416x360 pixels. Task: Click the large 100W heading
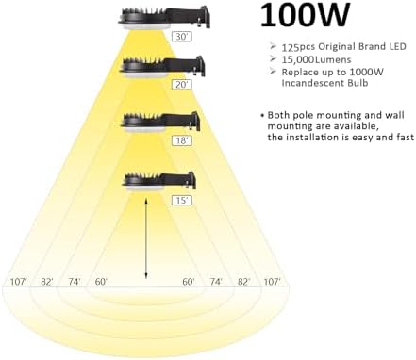[x=305, y=15]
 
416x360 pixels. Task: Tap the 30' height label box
[x=182, y=37]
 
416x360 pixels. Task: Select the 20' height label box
[x=182, y=85]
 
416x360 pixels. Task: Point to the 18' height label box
[x=182, y=140]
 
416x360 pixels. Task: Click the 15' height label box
[x=182, y=200]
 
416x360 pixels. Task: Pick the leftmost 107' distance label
[x=19, y=282]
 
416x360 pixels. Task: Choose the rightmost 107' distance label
[x=272, y=282]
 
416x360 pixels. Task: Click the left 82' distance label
[x=47, y=282]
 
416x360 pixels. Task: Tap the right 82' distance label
[x=243, y=282]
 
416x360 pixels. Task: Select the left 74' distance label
[x=75, y=282]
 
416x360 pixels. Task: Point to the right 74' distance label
[x=216, y=282]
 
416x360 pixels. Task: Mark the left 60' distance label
[x=101, y=282]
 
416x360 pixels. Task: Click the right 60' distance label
[x=189, y=282]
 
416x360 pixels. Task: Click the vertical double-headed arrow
[x=146, y=238]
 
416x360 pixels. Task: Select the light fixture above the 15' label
[x=159, y=183]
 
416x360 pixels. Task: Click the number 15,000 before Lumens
[x=299, y=59]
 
